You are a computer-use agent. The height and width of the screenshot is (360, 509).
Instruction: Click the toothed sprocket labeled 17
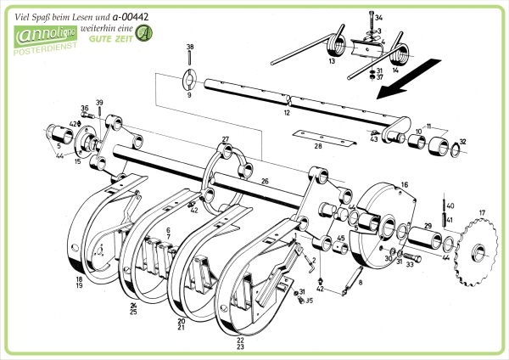477,250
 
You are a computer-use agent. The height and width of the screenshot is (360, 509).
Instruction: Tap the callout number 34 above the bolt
378,18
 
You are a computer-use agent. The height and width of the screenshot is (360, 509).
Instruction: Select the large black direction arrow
411,77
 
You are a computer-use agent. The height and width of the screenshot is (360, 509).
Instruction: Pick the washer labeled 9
189,82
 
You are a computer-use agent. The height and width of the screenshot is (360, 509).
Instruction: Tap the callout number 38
189,47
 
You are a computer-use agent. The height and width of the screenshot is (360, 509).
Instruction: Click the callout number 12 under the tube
287,113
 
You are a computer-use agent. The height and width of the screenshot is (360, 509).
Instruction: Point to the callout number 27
226,138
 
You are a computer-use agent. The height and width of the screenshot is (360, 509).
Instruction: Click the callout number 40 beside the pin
450,206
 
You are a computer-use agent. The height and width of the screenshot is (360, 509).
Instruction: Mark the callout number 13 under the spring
332,62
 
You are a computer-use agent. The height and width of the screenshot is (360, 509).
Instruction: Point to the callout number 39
99,104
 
